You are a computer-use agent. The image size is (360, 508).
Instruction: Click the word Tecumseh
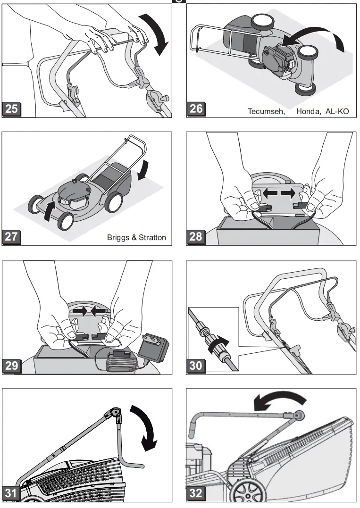tap(266, 112)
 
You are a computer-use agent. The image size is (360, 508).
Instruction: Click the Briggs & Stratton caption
tap(136, 237)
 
